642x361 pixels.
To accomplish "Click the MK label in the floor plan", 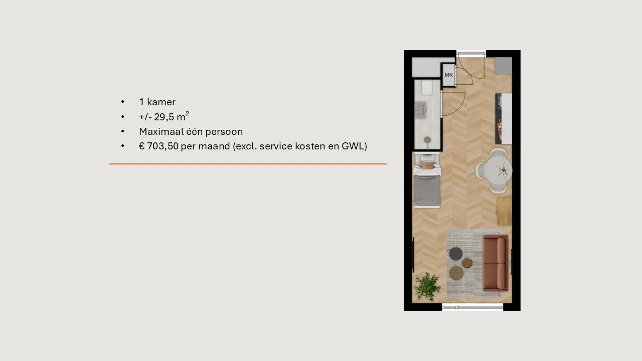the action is [x=448, y=75].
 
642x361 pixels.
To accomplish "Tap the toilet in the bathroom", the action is [x=427, y=87].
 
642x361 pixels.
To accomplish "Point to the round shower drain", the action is [x=427, y=140].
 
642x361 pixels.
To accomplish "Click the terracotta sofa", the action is [x=496, y=263].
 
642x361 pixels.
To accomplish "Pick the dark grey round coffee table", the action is [x=456, y=254].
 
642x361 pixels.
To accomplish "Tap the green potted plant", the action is [x=427, y=286].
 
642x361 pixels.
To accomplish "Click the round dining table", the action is [x=498, y=171].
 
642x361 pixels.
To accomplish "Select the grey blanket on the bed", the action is [x=427, y=190].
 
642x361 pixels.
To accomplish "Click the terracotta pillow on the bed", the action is [x=427, y=165].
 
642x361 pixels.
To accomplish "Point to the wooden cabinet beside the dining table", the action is [x=504, y=211].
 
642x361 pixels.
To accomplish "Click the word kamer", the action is [x=161, y=102].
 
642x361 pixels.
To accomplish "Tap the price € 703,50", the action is [x=159, y=146].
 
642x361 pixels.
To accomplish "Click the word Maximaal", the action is [x=162, y=131].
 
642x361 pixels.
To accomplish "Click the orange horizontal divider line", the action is [x=248, y=164].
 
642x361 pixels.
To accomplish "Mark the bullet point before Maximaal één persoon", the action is [x=123, y=131].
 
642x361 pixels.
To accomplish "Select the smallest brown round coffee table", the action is [x=467, y=263].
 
